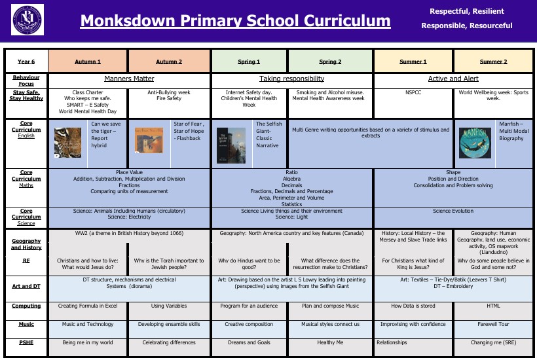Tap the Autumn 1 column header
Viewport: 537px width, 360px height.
88,62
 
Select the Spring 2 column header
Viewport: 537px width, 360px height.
330,62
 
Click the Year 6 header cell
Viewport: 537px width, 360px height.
26,62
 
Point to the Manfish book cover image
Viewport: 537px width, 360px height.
475,142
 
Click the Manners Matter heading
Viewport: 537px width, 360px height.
129,79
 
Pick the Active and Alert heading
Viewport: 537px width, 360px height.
453,79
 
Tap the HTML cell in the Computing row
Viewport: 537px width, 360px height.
492,306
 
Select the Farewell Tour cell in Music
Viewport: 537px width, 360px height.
492,324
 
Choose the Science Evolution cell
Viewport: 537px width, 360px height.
453,211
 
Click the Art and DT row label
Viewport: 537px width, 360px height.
26,286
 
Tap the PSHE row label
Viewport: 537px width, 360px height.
26,342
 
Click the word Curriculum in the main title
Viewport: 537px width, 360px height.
340,21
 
